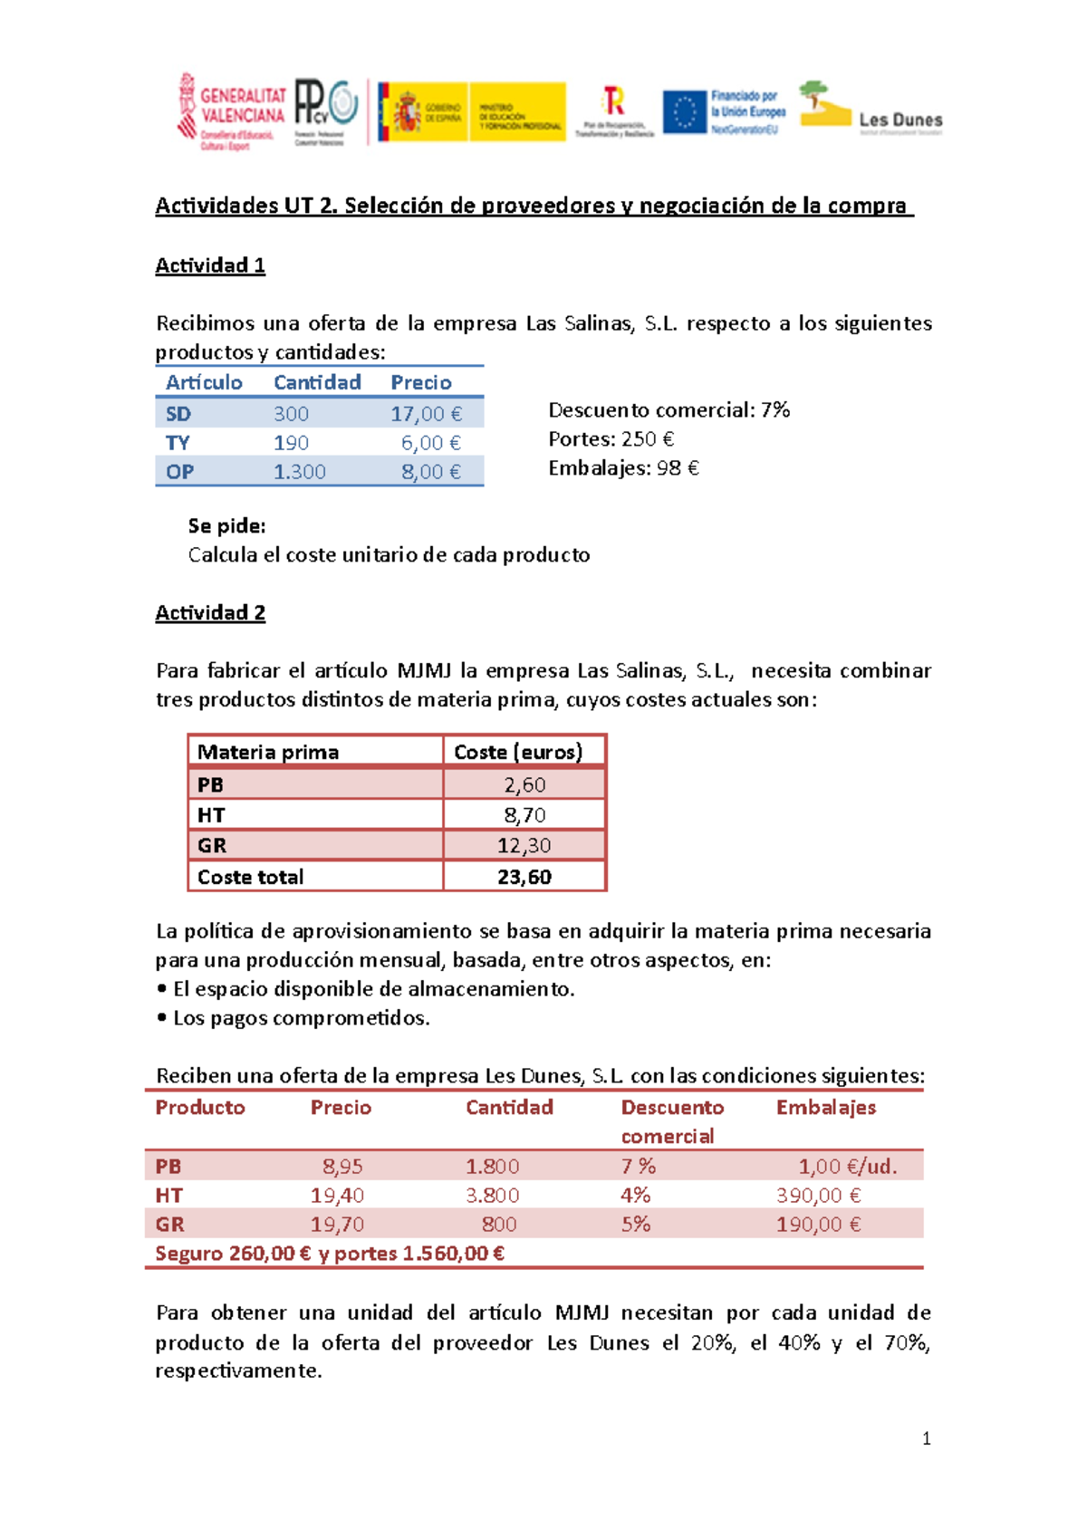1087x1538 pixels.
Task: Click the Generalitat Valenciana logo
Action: coord(231,111)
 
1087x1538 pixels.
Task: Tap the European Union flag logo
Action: coord(684,112)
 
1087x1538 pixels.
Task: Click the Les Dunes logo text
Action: coord(899,120)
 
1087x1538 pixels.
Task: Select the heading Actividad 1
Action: coord(210,265)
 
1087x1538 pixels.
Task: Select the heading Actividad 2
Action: coord(210,613)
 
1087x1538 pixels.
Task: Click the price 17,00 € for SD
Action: coord(426,414)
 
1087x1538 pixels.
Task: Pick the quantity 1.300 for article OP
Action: coord(300,472)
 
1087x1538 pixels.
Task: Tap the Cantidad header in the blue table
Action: coord(317,382)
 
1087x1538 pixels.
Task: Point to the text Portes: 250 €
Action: coord(611,439)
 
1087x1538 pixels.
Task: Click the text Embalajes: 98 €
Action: coord(623,468)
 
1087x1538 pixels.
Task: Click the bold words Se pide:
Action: coord(226,526)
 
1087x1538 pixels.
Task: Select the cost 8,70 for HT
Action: coord(524,815)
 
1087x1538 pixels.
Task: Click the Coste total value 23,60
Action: coord(524,877)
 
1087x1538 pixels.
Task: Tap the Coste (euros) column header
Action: coord(518,752)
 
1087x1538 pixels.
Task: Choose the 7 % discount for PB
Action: coord(638,1167)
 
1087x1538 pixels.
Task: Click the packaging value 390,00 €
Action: coord(818,1196)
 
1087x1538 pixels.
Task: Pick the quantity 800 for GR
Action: coord(499,1225)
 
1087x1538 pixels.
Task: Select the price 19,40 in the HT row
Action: coord(337,1196)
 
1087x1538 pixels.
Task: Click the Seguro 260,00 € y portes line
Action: coord(330,1254)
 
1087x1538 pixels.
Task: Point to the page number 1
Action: coord(926,1438)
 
